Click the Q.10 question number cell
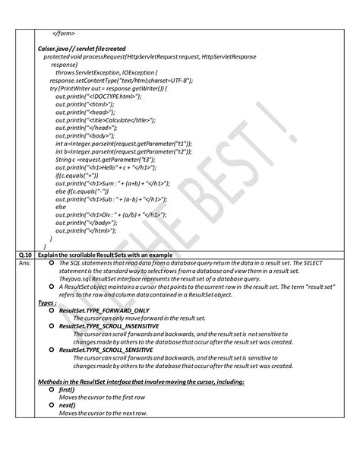click(x=24, y=252)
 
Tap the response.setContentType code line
click(x=122, y=78)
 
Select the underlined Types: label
click(x=46, y=302)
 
